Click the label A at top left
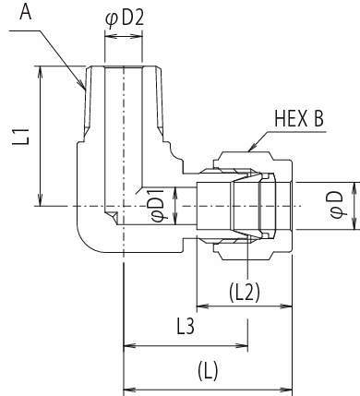pos(26,12)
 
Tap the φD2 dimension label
pos(125,18)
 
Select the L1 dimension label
pos(21,137)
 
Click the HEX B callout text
pos(299,118)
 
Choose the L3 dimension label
pos(186,327)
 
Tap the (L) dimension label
pos(208,370)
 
